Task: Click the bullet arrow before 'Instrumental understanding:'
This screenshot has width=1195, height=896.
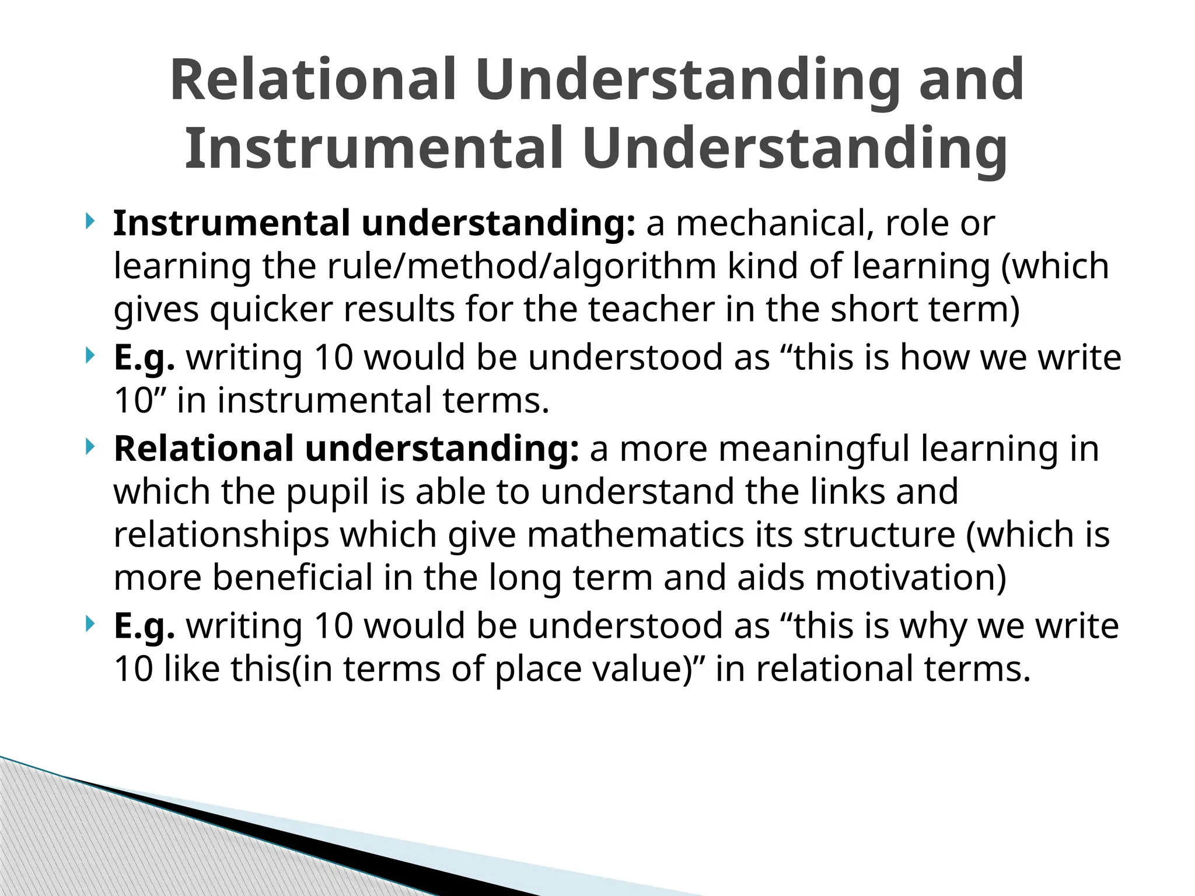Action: coord(89,222)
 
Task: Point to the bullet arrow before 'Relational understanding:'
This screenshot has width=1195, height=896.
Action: coord(89,447)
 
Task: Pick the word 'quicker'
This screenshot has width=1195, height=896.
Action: coord(271,309)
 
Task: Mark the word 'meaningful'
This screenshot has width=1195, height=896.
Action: coord(809,449)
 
